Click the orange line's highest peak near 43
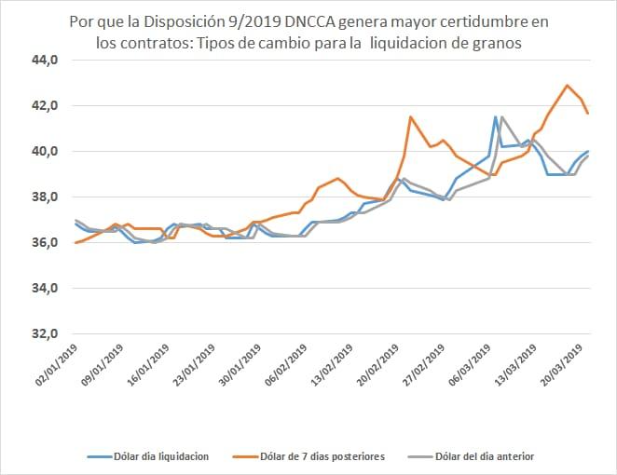click(567, 86)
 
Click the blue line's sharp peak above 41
click(495, 117)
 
